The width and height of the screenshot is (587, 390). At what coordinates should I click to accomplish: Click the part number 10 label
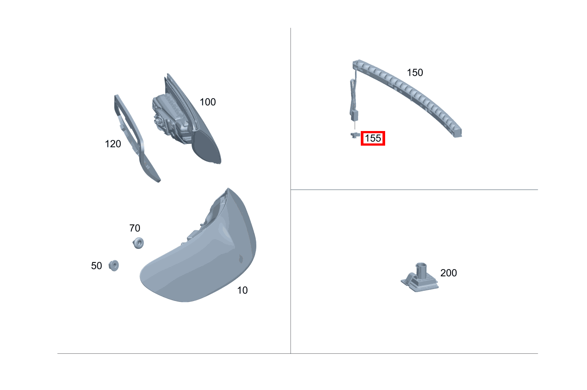[242, 290]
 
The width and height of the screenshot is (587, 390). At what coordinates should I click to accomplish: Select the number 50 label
[97, 266]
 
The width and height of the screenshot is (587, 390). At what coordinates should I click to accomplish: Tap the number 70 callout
[135, 228]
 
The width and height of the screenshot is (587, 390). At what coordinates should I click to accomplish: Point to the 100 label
[208, 102]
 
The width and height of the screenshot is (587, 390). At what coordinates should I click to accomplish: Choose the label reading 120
[113, 144]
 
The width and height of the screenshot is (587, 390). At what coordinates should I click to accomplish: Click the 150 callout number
[415, 73]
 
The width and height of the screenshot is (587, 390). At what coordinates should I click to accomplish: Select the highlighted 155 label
[373, 138]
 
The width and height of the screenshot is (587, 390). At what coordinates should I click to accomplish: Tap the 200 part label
[448, 273]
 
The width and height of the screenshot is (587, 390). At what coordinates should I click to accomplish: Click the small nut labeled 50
[114, 266]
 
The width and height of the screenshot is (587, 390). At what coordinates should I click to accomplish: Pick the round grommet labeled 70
[139, 243]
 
